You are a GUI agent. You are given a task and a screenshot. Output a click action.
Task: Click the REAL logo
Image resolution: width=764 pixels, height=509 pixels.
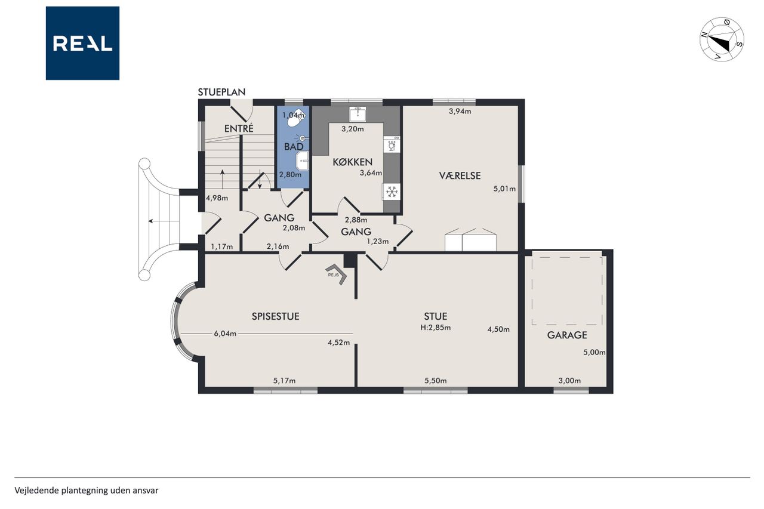point(82,44)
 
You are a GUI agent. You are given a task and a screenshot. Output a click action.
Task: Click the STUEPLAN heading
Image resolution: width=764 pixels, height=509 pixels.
point(221,92)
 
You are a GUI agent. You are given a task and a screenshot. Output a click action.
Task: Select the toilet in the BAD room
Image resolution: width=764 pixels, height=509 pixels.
point(295,118)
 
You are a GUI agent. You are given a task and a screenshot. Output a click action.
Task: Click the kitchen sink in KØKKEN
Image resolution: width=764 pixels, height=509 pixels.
point(358,114)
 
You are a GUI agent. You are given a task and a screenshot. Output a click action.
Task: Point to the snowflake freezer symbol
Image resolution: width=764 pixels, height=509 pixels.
point(392,192)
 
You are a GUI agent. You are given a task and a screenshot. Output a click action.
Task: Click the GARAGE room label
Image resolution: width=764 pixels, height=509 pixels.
point(567,335)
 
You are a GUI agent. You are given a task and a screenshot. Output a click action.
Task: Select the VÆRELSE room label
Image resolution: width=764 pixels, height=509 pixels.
point(460,175)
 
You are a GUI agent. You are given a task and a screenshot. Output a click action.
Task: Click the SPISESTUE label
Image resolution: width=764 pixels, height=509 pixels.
point(276,316)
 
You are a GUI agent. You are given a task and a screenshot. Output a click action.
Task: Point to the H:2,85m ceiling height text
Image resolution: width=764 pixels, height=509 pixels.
point(436,328)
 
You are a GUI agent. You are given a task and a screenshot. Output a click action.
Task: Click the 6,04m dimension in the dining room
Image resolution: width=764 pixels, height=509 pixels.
point(225,334)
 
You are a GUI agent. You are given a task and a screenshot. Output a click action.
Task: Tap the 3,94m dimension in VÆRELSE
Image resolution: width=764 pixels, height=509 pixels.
point(460,111)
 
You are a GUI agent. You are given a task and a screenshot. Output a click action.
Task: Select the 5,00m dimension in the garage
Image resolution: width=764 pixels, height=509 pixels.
point(594,353)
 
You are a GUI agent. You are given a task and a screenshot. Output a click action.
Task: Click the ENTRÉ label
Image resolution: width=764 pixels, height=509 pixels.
point(239,128)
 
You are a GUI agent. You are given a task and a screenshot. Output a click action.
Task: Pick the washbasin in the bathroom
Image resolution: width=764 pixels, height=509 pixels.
point(303,161)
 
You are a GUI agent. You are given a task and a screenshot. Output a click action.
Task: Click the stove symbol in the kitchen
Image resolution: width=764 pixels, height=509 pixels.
point(392,144)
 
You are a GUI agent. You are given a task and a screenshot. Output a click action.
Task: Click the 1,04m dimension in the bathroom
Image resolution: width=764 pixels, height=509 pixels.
point(293,115)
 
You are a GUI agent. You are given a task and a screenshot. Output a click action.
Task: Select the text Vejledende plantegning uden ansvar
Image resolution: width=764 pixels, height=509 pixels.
point(87,491)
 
